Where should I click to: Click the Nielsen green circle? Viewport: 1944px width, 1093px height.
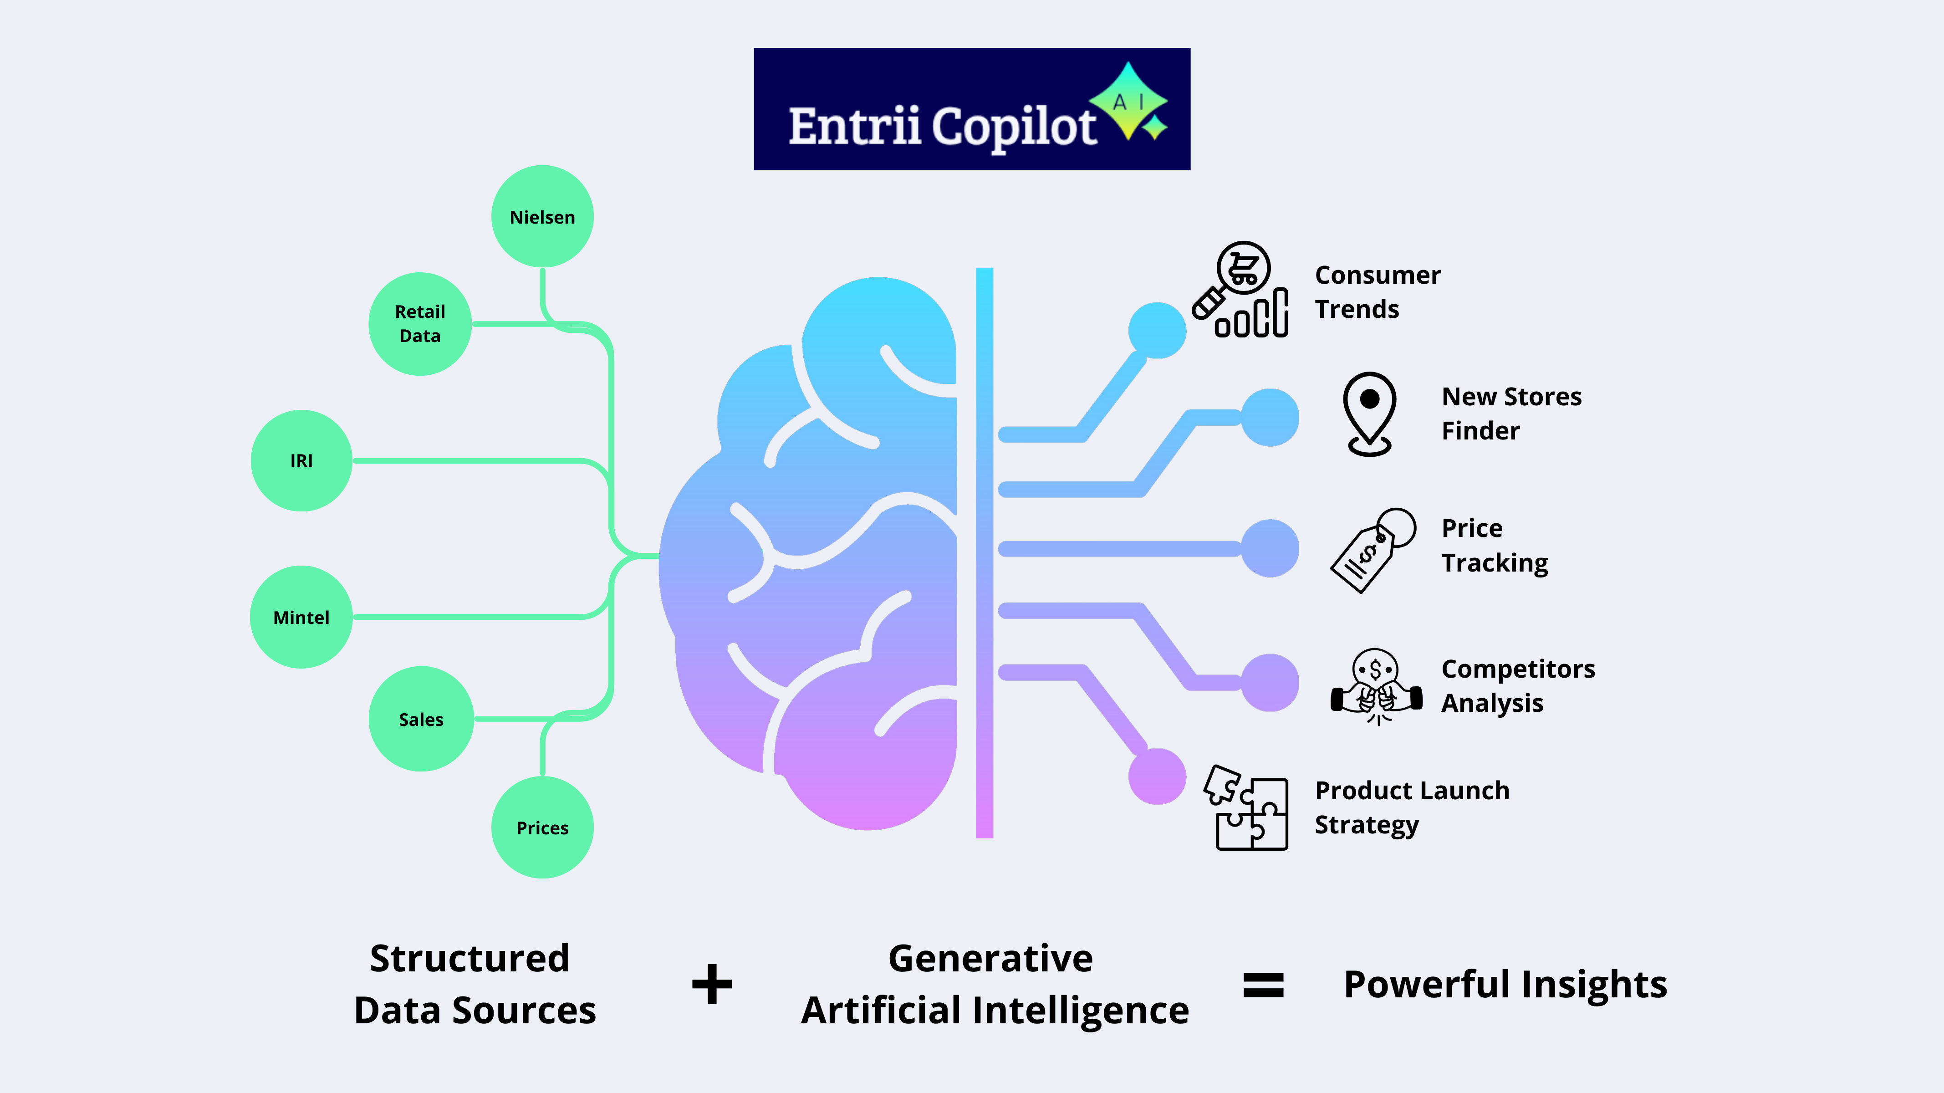[542, 217]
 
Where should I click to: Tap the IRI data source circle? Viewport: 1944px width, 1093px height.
[301, 460]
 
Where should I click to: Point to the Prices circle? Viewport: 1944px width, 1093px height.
[542, 827]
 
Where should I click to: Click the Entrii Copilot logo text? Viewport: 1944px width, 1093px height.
[941, 126]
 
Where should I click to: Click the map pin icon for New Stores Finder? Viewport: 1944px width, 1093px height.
[1369, 413]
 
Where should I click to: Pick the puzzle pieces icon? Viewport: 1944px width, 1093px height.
[1247, 807]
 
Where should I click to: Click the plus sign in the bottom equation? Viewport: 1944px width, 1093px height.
[712, 984]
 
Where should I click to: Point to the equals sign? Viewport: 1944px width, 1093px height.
[1263, 984]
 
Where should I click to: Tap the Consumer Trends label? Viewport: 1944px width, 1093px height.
[1377, 291]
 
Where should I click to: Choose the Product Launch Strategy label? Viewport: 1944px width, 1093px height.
[1411, 807]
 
